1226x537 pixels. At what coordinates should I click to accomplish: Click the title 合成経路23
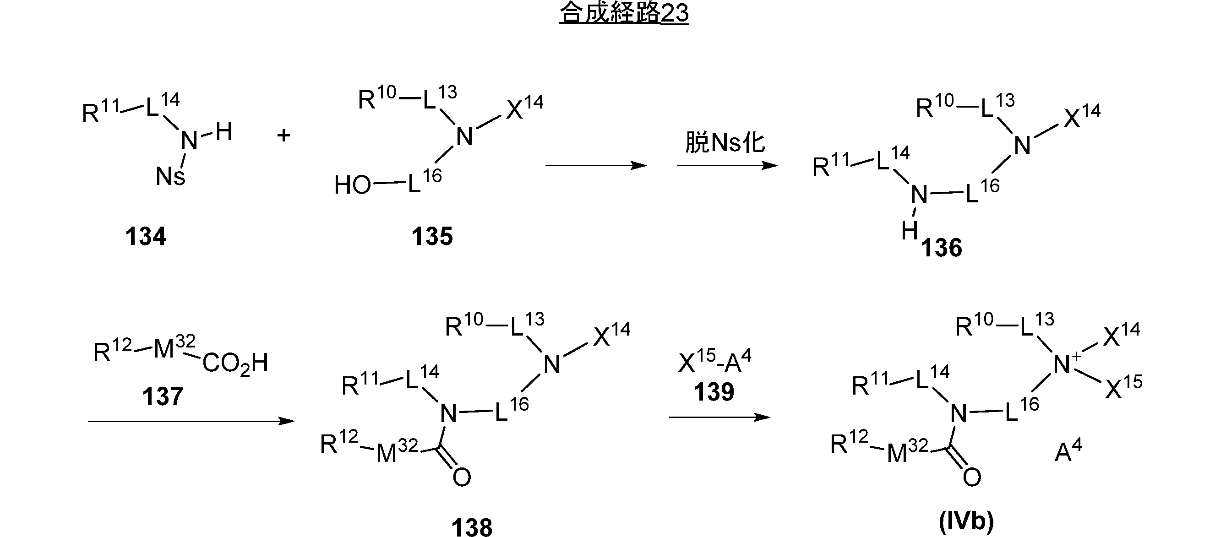click(x=623, y=13)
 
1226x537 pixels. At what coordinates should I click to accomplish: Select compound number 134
click(x=146, y=236)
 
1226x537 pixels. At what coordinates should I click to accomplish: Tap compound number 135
click(x=432, y=236)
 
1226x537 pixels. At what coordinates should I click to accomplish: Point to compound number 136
click(x=942, y=248)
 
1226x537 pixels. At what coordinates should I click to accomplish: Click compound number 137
click(x=163, y=396)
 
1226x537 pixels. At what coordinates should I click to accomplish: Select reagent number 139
click(x=714, y=392)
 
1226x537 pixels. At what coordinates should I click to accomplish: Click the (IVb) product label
click(x=966, y=521)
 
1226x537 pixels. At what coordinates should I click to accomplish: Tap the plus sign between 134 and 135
click(x=283, y=136)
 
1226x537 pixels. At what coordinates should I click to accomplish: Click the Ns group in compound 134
click(x=170, y=176)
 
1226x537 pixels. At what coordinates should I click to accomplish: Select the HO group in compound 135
click(x=352, y=185)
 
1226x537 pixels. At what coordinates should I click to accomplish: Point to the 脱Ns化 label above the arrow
click(x=725, y=142)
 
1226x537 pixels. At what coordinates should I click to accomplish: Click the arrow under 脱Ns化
click(x=727, y=166)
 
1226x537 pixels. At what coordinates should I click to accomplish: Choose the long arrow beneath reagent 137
click(x=191, y=421)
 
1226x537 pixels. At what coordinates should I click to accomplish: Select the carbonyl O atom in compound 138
click(x=462, y=477)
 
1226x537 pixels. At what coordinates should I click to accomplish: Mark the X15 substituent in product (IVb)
click(x=1123, y=388)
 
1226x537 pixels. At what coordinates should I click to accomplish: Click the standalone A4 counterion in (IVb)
click(x=1068, y=451)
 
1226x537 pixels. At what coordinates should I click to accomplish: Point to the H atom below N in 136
click(x=910, y=231)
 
